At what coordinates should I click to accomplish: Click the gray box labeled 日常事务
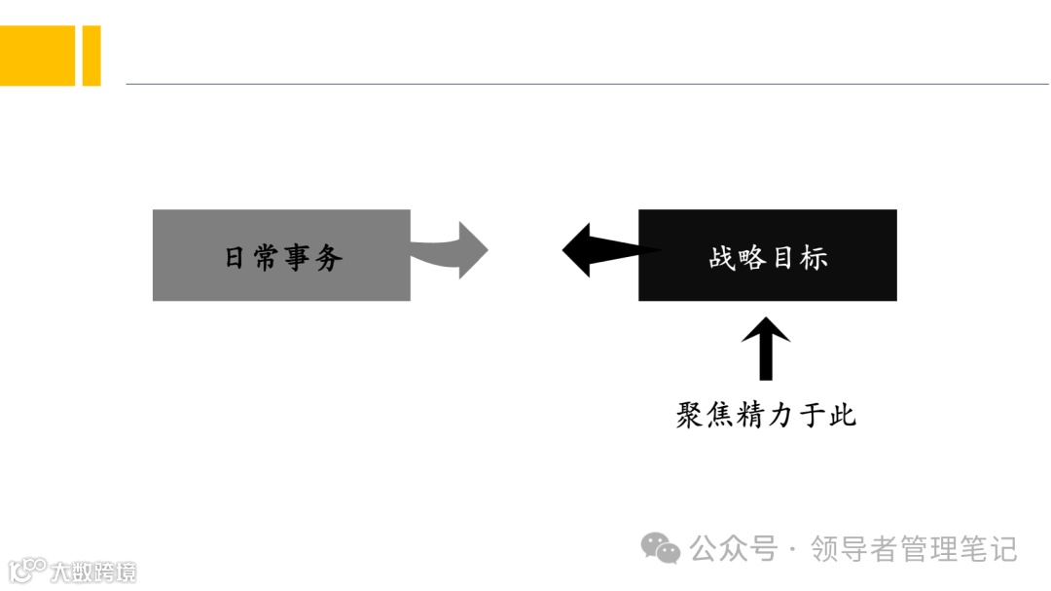coord(281,255)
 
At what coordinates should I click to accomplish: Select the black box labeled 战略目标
coord(767,255)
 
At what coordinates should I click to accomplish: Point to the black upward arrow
coord(766,348)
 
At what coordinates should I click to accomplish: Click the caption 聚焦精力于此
coord(766,416)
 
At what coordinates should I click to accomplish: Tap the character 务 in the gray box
coord(329,258)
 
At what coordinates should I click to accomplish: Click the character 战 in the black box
coord(722,258)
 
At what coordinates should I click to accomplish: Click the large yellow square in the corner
coord(37,55)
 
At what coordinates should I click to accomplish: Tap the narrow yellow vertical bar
coord(91,55)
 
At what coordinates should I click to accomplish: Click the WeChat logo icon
coord(661,548)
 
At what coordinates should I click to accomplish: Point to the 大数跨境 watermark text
coord(93,571)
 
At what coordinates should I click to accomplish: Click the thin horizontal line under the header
coord(584,84)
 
